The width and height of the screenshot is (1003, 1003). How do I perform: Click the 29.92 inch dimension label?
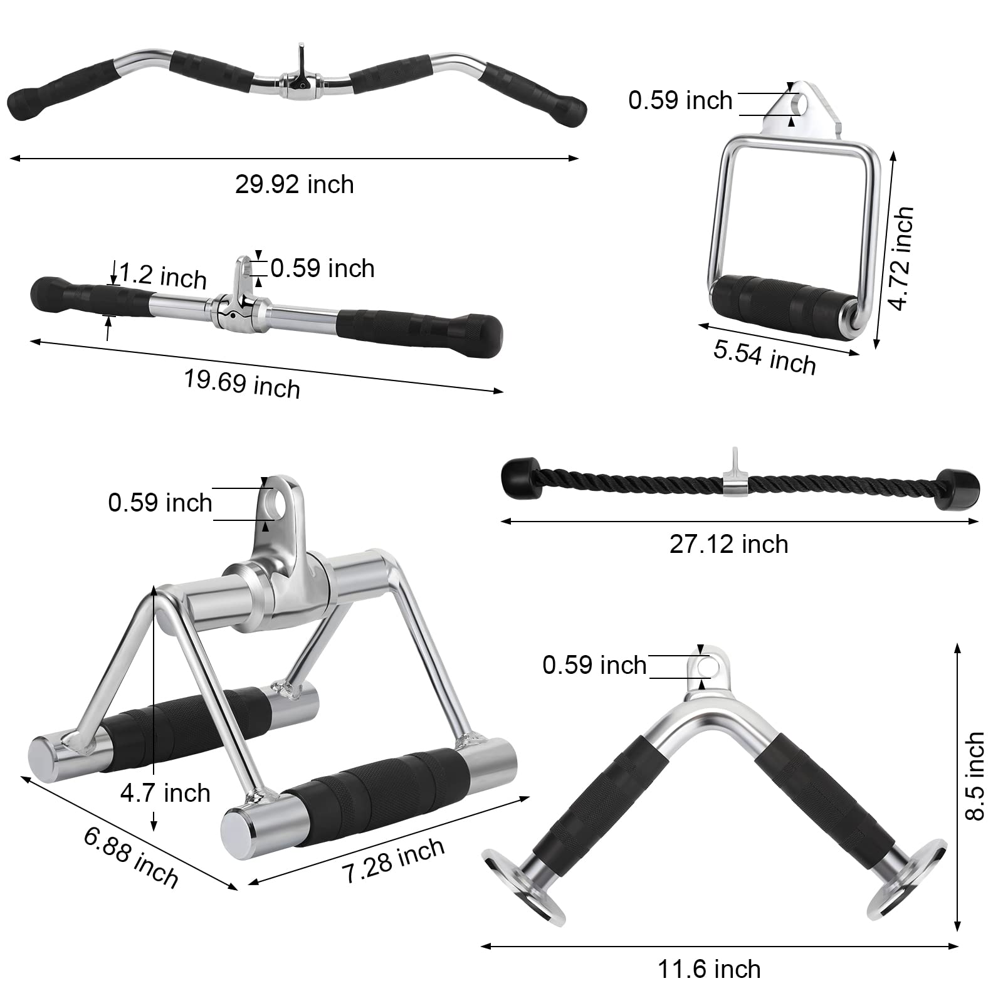pos(295,185)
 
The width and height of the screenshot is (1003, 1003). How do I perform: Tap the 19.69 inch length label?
pos(242,383)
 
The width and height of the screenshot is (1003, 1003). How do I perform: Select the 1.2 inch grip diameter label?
pos(163,276)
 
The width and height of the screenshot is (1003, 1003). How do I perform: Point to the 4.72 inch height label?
pos(901,258)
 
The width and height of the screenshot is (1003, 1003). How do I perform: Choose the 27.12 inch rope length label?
pos(728,544)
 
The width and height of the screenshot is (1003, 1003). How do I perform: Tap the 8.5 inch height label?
pos(975,776)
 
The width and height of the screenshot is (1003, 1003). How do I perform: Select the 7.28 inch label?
pos(394,860)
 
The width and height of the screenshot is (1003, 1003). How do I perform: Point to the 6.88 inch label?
pos(131,857)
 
